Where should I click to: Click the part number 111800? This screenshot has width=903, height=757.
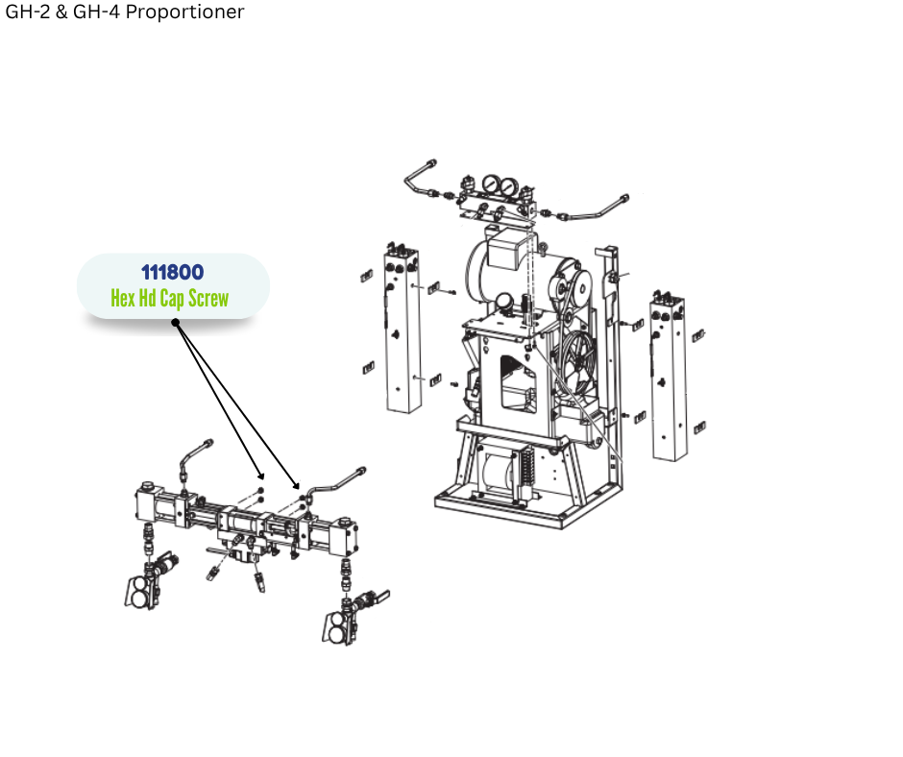pyautogui.click(x=172, y=272)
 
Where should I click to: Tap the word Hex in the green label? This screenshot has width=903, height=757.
pyautogui.click(x=121, y=299)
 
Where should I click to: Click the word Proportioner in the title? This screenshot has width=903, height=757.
pyautogui.click(x=184, y=12)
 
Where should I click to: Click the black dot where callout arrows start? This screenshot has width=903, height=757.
pyautogui.click(x=176, y=323)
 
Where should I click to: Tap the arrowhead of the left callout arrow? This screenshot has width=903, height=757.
pyautogui.click(x=261, y=476)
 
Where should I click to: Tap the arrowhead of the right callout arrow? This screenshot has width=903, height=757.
pyautogui.click(x=297, y=484)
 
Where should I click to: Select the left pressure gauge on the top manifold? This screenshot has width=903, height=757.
pyautogui.click(x=491, y=184)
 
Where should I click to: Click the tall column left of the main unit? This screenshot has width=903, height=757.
pyautogui.click(x=402, y=329)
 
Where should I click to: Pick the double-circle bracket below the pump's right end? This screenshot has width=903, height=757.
pyautogui.click(x=337, y=628)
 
